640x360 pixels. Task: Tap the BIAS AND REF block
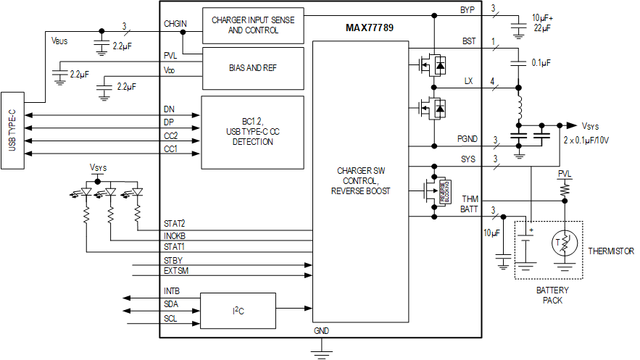[252, 67]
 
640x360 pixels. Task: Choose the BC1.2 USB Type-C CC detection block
[252, 132]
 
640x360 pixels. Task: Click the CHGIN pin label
[175, 24]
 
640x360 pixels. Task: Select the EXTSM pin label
[177, 270]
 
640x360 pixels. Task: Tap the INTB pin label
[173, 292]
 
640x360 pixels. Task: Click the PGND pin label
[467, 138]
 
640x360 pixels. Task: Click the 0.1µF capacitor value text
[541, 63]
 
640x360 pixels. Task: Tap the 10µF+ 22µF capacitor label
[542, 22]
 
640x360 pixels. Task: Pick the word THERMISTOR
[611, 251]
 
